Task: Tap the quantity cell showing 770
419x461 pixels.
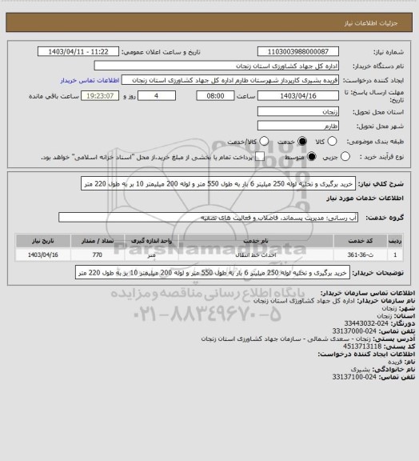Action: point(97,255)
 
